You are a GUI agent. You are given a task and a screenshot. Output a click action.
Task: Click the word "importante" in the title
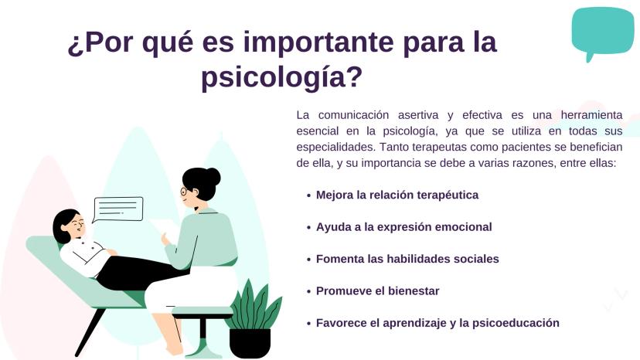click(318, 42)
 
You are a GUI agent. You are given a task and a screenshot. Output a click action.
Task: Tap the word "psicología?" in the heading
click(282, 77)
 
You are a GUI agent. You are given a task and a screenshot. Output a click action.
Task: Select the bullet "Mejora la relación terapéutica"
click(397, 195)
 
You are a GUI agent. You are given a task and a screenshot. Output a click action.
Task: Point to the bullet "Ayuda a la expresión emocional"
click(404, 227)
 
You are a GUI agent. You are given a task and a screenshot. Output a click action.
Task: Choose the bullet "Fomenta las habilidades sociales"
click(407, 259)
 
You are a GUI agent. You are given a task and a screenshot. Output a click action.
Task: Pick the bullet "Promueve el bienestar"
click(377, 291)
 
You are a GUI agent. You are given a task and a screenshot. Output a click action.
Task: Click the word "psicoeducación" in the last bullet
click(516, 323)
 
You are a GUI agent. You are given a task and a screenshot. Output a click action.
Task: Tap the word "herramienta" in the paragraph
click(591, 115)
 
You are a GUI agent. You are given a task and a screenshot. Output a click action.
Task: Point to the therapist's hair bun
click(213, 176)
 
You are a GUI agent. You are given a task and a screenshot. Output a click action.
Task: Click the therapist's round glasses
click(184, 191)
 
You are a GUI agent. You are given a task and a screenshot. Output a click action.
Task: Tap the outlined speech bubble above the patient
click(118, 209)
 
